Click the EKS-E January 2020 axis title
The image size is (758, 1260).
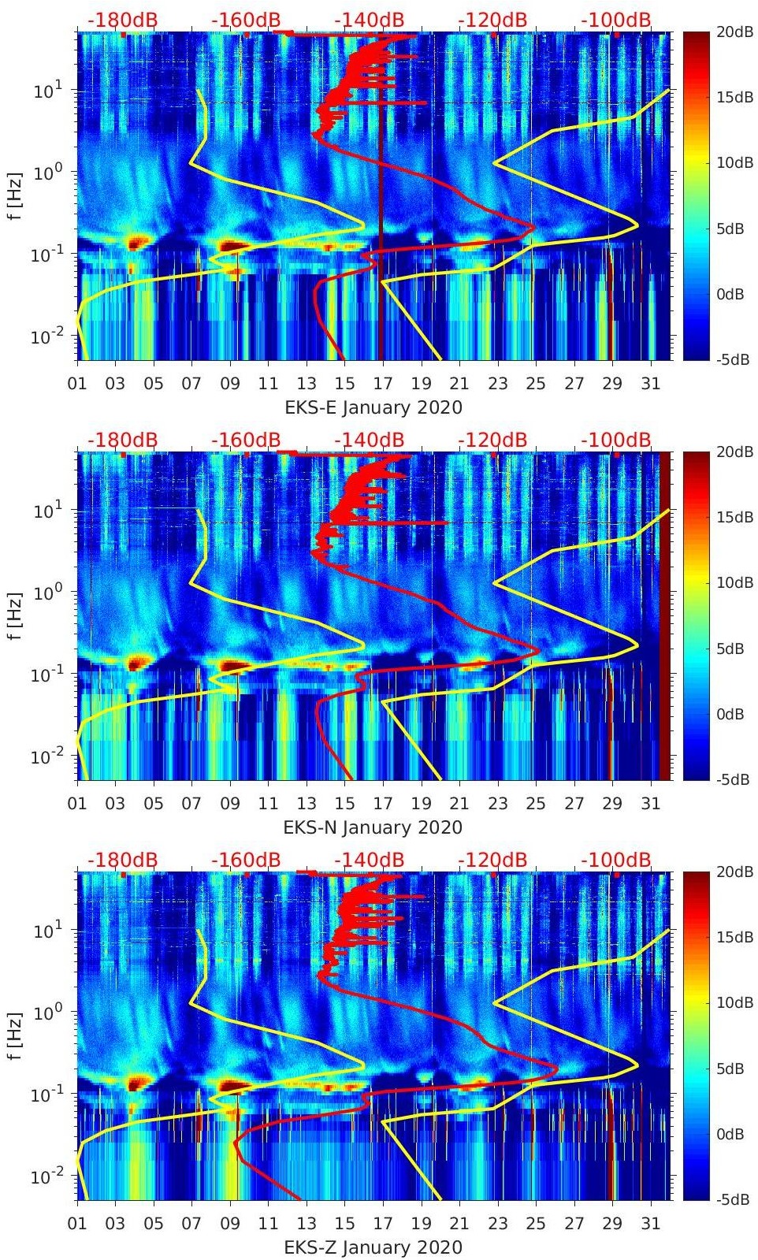click(373, 407)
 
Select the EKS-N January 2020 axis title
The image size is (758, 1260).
click(373, 827)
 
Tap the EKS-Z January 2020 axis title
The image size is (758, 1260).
click(373, 1247)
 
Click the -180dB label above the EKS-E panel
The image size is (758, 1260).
click(122, 20)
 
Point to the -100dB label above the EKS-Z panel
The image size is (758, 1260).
click(616, 860)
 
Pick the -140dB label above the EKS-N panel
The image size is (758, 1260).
click(369, 440)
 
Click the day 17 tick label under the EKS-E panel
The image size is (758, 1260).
click(383, 383)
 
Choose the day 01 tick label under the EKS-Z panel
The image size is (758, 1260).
click(77, 1223)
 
